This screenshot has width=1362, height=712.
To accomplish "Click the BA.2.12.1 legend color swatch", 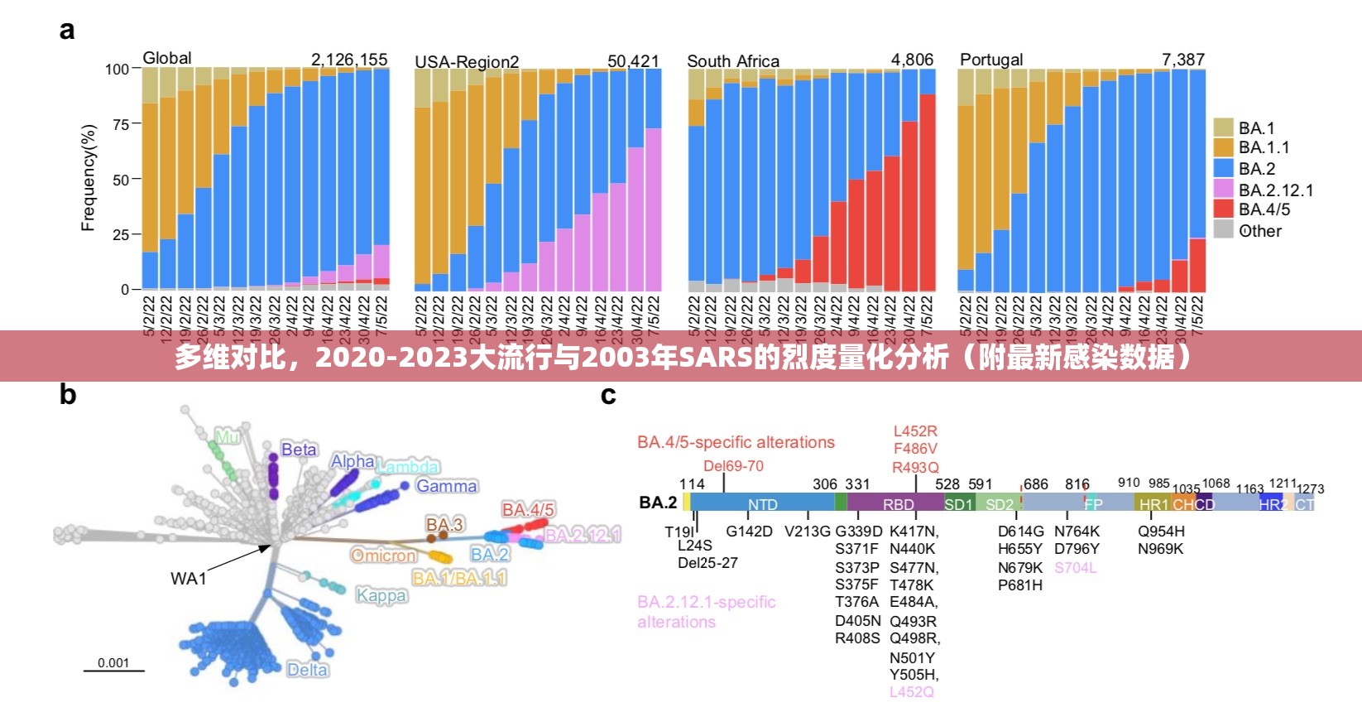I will click(1224, 189).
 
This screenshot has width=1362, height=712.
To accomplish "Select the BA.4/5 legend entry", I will click(1264, 209).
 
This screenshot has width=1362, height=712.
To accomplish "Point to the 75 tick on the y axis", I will click(121, 124).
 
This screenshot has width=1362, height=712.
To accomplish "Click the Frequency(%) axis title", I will click(88, 178).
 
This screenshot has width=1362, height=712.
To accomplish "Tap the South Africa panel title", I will click(732, 61).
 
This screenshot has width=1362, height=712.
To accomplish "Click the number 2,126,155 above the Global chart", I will click(348, 60).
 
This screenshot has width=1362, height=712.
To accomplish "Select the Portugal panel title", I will click(990, 60).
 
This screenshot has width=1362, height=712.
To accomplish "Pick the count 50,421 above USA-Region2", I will click(633, 61).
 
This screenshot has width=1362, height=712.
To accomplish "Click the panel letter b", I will click(67, 395).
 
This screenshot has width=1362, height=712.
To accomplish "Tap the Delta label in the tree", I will click(307, 670).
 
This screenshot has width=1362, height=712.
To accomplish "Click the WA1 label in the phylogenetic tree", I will click(188, 579).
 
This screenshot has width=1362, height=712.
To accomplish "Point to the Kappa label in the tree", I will click(381, 595).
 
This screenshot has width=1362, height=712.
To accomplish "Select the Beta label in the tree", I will click(299, 450).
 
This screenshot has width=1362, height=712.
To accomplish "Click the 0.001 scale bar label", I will click(113, 662).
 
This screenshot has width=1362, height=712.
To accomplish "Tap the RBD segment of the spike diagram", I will click(898, 504).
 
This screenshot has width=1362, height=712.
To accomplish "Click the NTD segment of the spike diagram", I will click(762, 504).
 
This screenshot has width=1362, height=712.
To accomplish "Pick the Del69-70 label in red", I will click(733, 466).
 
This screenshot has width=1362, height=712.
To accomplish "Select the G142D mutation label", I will click(749, 532).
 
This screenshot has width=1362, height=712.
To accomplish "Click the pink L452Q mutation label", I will click(911, 692).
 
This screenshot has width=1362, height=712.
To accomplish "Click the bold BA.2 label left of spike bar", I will click(658, 503).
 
